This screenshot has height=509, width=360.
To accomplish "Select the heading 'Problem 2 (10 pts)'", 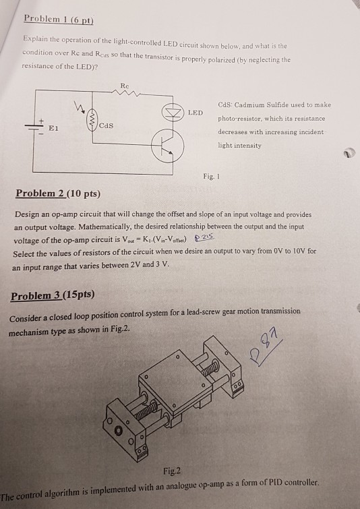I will [x=57, y=194].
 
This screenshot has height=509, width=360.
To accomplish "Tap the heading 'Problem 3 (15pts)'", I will [x=53, y=296].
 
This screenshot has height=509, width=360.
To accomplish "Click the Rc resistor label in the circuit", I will [x=123, y=86].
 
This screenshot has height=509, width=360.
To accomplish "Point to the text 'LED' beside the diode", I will [x=195, y=111].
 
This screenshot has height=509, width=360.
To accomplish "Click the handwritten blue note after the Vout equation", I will [x=204, y=241].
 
